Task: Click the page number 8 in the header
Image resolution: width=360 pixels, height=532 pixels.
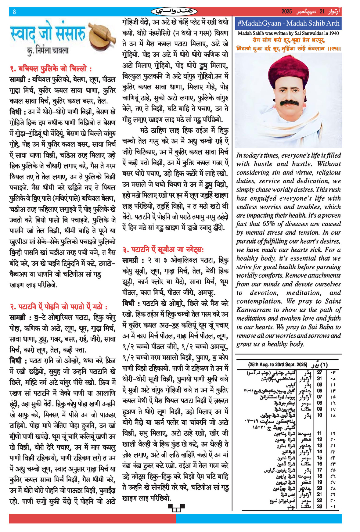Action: point(14,12)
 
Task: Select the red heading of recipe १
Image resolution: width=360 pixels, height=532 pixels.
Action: point(51,69)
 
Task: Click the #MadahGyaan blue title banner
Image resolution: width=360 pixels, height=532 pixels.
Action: point(288,23)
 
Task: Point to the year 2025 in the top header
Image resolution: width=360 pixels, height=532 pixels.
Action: point(286,12)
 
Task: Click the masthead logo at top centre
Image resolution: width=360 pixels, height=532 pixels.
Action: point(174,12)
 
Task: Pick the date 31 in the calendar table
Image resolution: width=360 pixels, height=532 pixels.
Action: point(319,379)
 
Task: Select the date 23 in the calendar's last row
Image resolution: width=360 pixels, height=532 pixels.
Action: point(319,506)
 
